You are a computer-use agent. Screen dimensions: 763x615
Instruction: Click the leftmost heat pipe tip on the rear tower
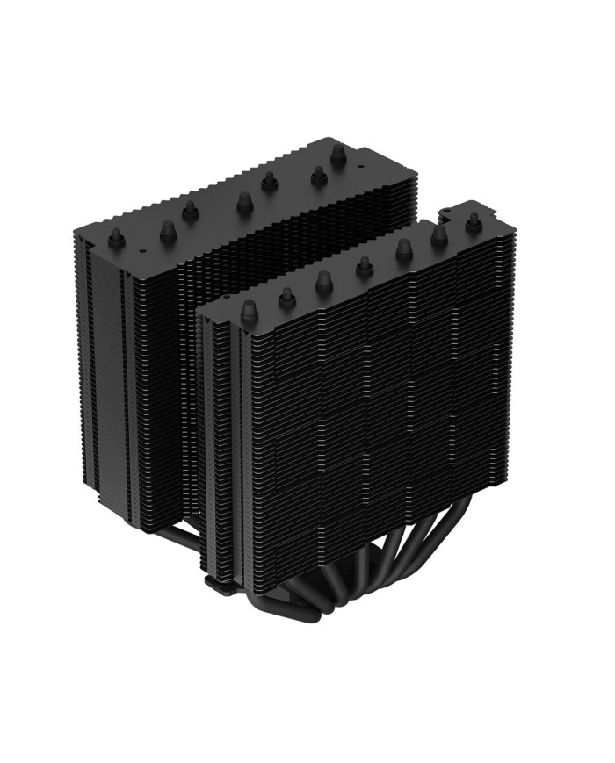coord(114,237)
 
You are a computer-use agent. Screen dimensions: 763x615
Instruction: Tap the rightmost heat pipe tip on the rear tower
coord(338,155)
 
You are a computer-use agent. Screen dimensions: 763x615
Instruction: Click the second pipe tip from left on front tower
coord(286,297)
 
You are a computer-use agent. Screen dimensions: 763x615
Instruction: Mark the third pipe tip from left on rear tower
coord(188,210)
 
